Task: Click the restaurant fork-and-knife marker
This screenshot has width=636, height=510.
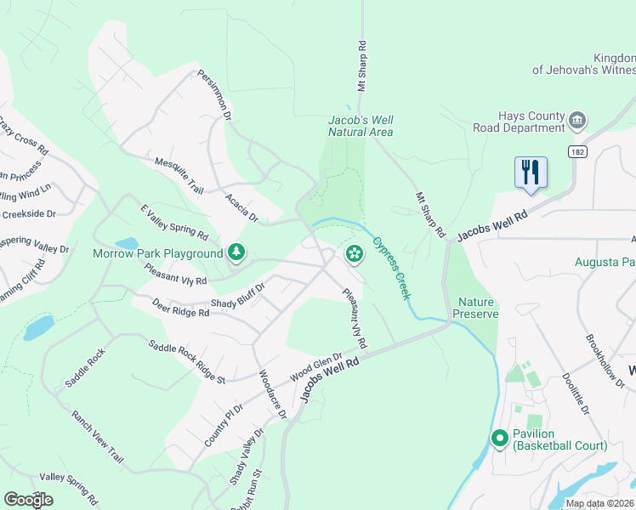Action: (531, 173)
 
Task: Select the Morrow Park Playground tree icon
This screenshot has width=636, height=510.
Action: (236, 252)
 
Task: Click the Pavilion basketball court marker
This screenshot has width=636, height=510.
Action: (500, 439)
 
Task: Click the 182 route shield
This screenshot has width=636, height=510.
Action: (578, 150)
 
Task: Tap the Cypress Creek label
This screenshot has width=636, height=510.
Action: (392, 267)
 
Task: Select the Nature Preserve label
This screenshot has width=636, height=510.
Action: (477, 308)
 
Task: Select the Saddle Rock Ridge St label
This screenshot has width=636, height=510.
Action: (185, 360)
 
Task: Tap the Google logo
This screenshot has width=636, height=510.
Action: (28, 500)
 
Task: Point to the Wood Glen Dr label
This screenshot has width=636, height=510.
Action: (315, 368)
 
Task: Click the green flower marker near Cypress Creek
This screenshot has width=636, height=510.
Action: (354, 252)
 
